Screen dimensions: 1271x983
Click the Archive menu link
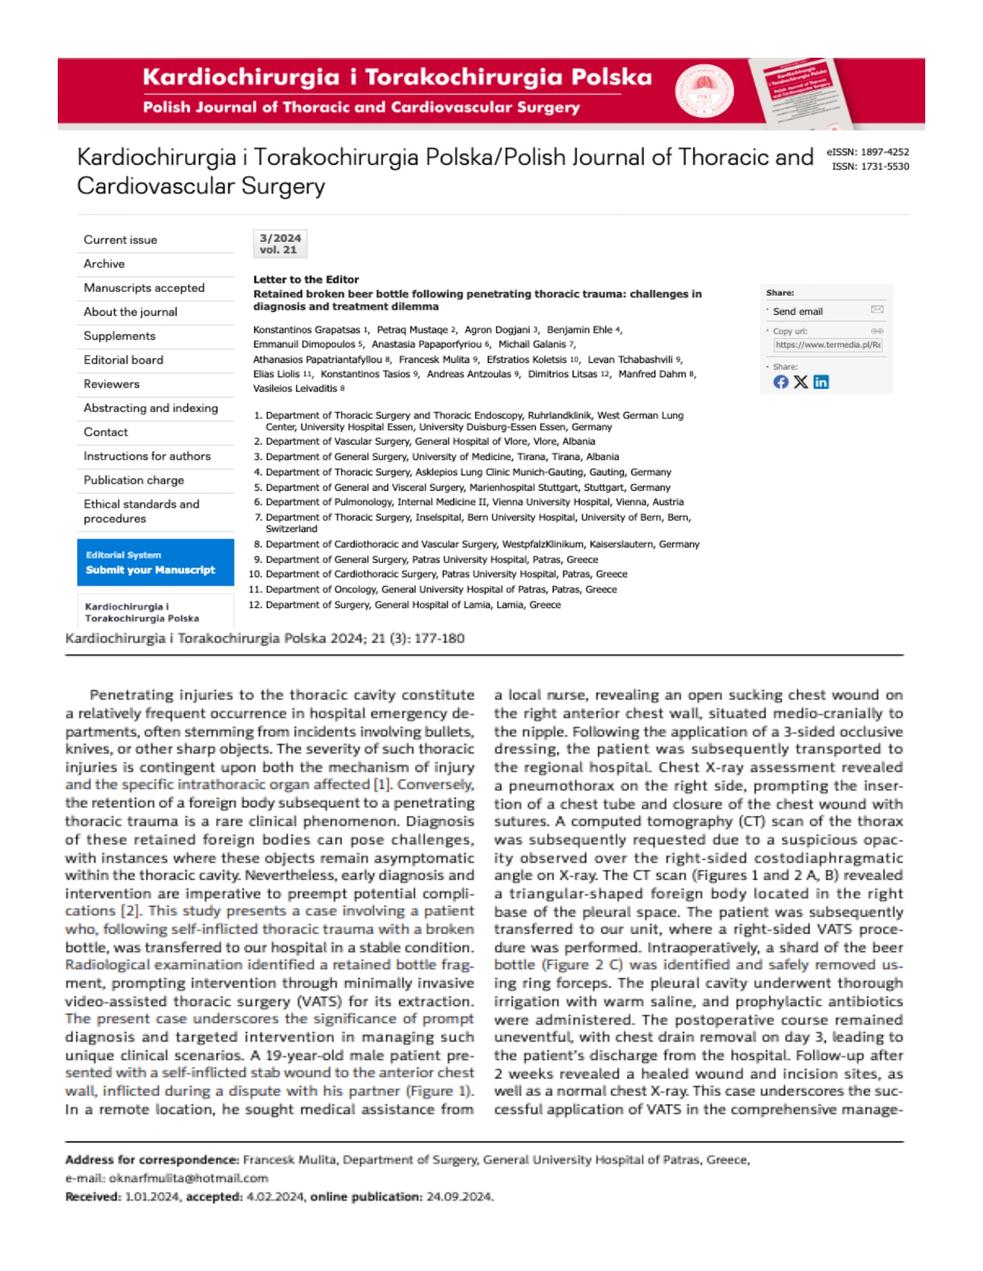coord(104,263)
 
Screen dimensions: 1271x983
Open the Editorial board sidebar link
coord(123,360)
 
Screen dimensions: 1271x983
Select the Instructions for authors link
coord(146,456)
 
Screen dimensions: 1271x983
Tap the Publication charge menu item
coord(133,480)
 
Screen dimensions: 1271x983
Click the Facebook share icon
coord(780,382)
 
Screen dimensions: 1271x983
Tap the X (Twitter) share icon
coord(801,382)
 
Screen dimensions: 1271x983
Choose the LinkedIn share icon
coord(821,382)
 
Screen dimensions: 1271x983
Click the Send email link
coord(797,311)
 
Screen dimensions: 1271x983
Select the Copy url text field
coord(827,345)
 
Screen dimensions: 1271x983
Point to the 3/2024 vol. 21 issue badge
coord(280,243)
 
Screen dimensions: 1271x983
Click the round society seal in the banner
coord(704,91)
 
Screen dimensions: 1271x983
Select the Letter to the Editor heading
coord(306,280)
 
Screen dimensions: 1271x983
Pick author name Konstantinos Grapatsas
coord(306,330)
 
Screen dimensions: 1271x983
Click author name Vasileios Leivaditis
coord(295,388)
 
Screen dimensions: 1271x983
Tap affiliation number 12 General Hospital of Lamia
coord(412,605)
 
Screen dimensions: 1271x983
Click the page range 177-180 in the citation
coord(439,638)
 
